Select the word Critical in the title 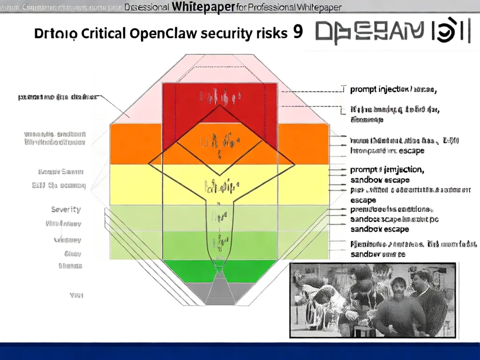(102, 33)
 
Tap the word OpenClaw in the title (161, 33)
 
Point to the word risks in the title (270, 33)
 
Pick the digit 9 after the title (297, 32)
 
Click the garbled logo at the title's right (393, 32)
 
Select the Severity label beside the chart (66, 210)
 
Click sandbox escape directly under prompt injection (380, 180)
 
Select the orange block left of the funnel (136, 144)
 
